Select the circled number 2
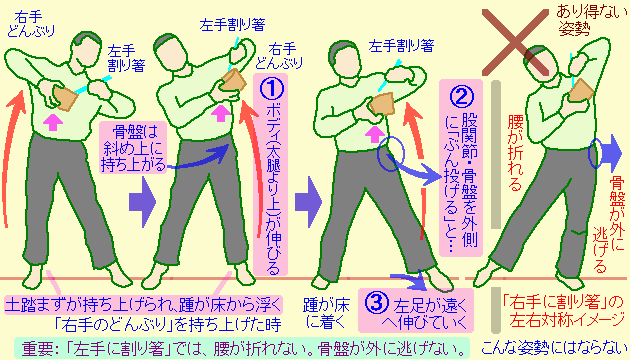tap(461, 96)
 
